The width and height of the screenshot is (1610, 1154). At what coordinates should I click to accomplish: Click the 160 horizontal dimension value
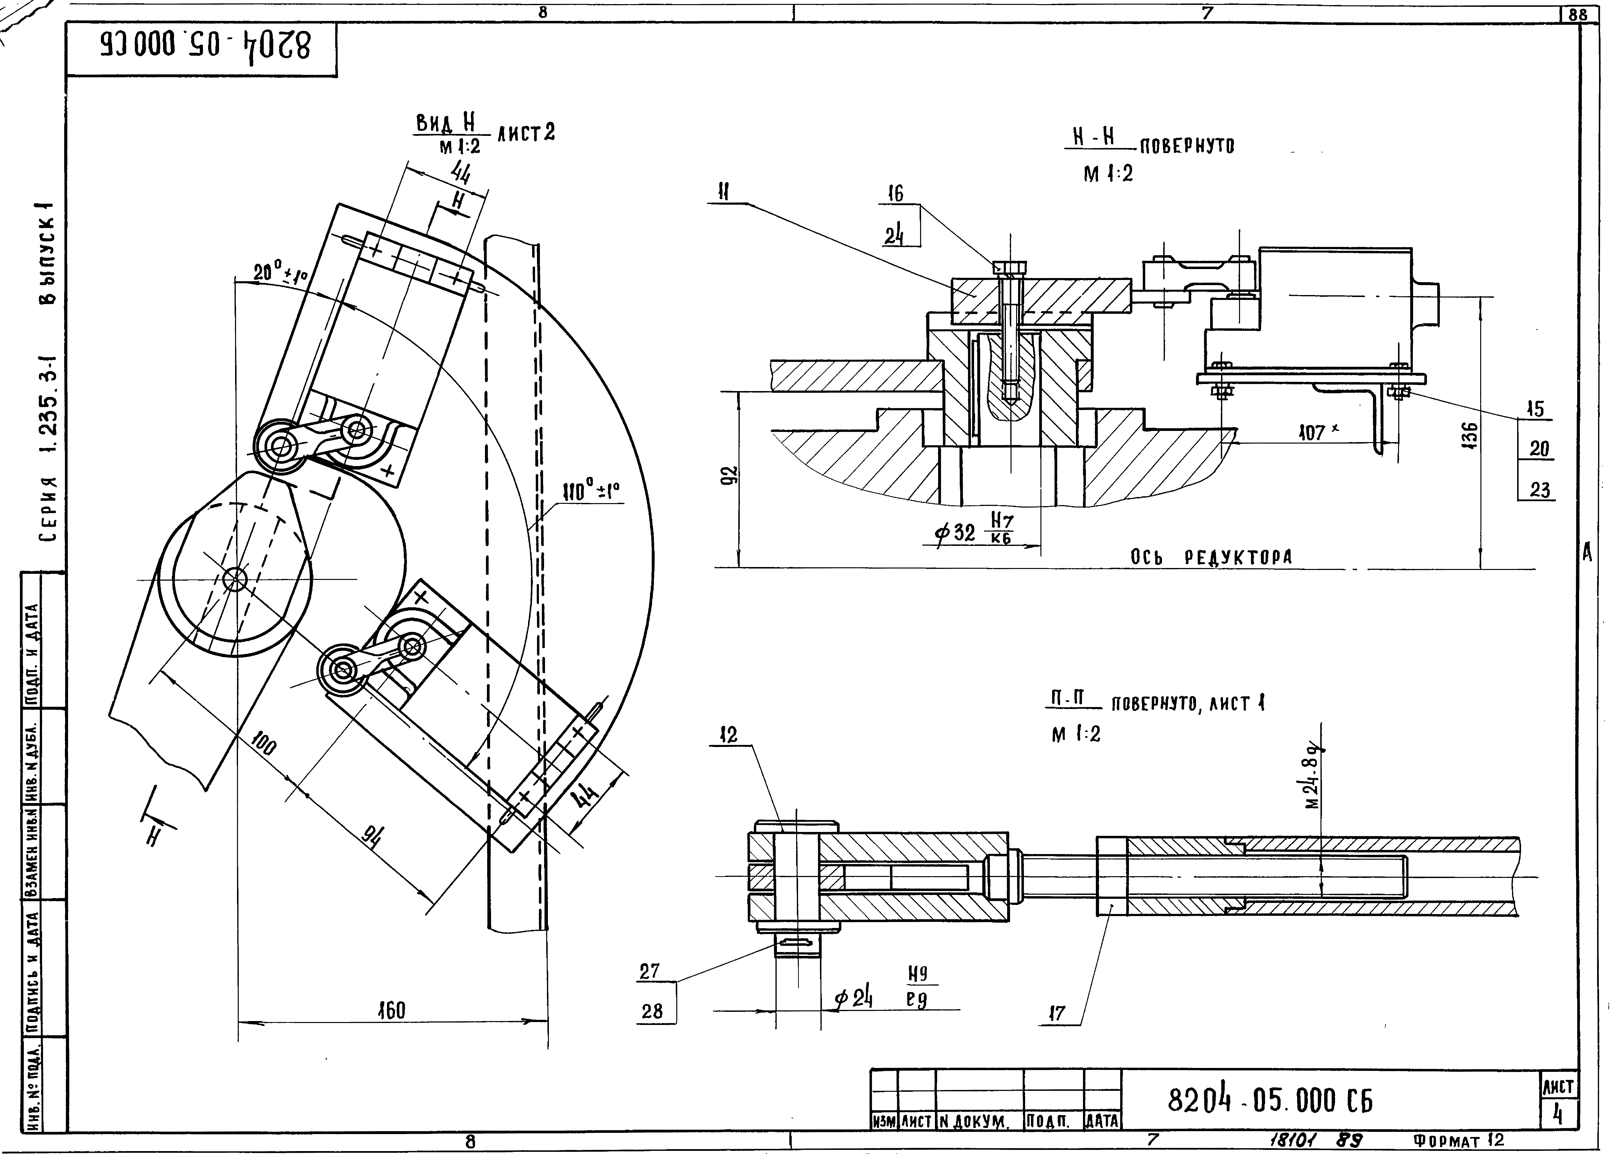click(391, 1011)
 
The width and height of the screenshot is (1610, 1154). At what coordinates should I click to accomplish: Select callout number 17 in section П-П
click(1057, 1014)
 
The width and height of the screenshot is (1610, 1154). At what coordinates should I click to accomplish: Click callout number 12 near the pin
click(729, 734)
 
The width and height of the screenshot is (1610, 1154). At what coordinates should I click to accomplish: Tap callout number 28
click(652, 1011)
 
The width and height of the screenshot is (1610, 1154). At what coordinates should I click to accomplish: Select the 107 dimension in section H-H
click(1312, 432)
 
